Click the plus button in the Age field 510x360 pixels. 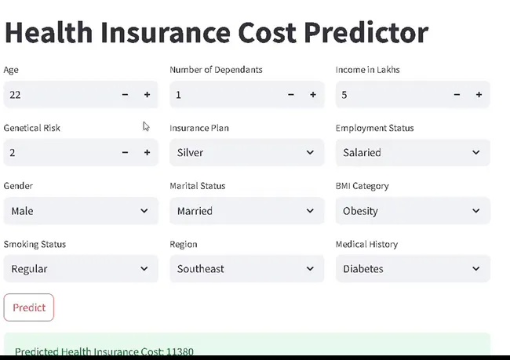click(147, 95)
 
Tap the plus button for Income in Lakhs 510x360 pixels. click(479, 95)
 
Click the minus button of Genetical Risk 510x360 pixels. click(125, 153)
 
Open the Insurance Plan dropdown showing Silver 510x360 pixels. click(246, 153)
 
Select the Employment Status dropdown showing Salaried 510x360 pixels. click(413, 153)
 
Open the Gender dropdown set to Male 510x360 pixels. click(80, 211)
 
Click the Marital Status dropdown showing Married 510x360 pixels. click(246, 211)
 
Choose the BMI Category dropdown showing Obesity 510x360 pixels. click(413, 211)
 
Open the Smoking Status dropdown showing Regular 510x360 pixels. click(80, 269)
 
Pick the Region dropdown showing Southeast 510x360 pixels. click(246, 269)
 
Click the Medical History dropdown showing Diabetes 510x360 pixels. click(413, 269)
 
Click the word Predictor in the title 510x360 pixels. click(366, 33)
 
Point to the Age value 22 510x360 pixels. click(16, 95)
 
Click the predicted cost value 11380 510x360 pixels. click(180, 351)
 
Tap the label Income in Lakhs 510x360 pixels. click(367, 70)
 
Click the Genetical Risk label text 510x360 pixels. click(32, 128)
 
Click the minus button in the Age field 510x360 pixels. click(125, 95)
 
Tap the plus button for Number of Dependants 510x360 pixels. click(312, 95)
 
